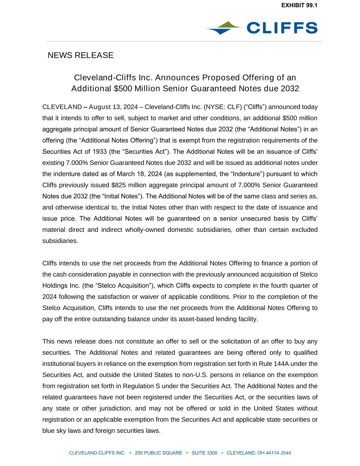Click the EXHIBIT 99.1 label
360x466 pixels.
pyautogui.click(x=299, y=5)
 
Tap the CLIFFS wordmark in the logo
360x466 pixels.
pyautogui.click(x=282, y=28)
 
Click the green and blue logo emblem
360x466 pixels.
pyautogui.click(x=224, y=28)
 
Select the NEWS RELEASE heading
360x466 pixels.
pyautogui.click(x=81, y=55)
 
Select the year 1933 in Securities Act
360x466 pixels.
pyautogui.click(x=100, y=152)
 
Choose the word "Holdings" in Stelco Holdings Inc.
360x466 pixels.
pyautogui.click(x=55, y=286)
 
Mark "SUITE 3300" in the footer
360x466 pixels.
pyautogui.click(x=204, y=453)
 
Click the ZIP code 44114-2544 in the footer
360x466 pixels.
pyautogui.click(x=278, y=453)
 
